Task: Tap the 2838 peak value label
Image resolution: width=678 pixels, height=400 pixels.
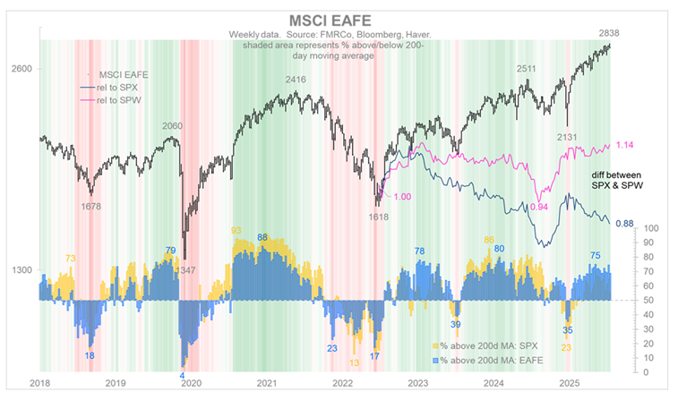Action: pyautogui.click(x=612, y=33)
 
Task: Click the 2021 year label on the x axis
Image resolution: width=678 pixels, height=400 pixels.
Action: pyautogui.click(x=266, y=383)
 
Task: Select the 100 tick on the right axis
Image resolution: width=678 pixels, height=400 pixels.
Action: pyautogui.click(x=652, y=228)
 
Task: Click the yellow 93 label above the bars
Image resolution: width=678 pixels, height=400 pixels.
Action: pyautogui.click(x=237, y=231)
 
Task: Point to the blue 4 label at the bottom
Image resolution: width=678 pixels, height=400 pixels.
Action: pyautogui.click(x=182, y=376)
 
